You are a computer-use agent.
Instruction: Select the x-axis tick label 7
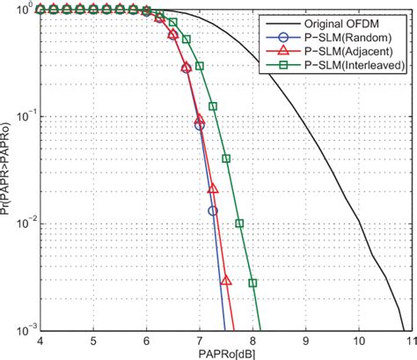point(200,341)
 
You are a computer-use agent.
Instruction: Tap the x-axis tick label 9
point(306,341)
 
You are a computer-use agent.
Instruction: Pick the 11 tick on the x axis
point(411,341)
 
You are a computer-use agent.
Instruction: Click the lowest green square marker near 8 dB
point(252,283)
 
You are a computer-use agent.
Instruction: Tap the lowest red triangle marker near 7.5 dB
point(226,281)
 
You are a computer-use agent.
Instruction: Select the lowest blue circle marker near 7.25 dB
point(213,210)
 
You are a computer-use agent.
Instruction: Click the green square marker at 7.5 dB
point(226,159)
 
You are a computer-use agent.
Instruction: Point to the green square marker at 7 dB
point(200,66)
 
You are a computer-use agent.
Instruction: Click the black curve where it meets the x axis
point(406,330)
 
